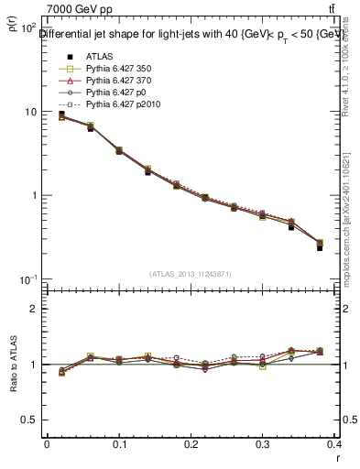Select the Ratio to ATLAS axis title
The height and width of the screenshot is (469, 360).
pyautogui.click(x=12, y=365)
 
